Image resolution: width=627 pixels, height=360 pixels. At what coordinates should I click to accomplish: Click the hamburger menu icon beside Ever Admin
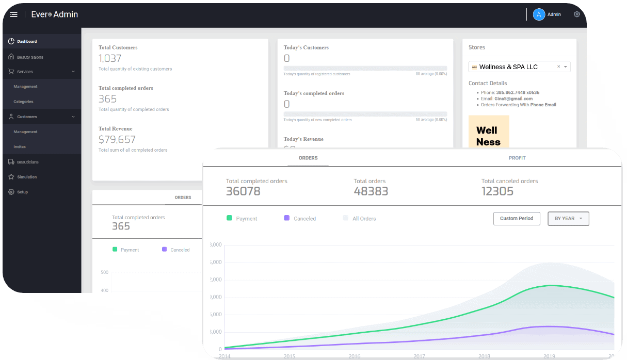(13, 14)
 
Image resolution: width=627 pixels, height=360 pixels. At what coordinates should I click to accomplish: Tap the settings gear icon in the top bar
(577, 14)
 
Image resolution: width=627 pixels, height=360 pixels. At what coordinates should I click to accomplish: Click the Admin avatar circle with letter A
(539, 14)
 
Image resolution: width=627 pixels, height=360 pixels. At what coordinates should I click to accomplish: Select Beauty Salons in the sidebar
(30, 57)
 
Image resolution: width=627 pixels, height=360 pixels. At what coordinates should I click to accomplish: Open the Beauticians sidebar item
(27, 162)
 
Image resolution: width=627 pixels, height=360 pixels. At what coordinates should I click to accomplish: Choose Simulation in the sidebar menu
(27, 177)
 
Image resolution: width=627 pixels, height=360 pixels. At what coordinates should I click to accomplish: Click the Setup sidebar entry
(22, 192)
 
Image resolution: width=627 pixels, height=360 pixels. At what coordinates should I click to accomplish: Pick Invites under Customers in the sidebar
(20, 147)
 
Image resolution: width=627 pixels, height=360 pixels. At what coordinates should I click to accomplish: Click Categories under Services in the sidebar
(23, 102)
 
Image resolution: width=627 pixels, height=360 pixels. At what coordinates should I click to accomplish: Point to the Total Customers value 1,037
(109, 58)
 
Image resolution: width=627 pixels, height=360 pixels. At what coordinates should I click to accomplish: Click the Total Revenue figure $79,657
(117, 139)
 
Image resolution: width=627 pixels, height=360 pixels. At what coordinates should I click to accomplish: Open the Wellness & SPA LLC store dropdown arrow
(566, 67)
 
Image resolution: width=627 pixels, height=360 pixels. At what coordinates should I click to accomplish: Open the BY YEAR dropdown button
(568, 219)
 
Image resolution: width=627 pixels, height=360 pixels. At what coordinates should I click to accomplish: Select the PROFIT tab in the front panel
(517, 158)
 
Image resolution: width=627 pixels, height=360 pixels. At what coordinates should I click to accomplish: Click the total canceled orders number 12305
(497, 191)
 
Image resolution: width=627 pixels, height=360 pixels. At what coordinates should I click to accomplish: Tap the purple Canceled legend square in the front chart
(286, 218)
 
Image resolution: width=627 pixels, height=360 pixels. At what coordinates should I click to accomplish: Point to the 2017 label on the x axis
(419, 356)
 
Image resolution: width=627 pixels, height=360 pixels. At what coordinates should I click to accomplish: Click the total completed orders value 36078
(243, 191)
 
